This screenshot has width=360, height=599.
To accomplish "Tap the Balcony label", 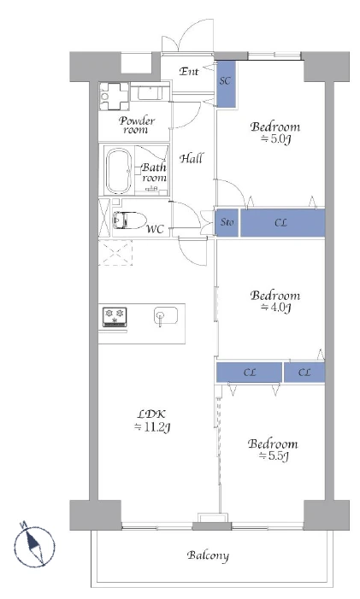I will [208, 556].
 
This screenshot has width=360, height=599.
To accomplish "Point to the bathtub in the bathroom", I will [117, 170].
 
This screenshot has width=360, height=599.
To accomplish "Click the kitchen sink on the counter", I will [162, 317].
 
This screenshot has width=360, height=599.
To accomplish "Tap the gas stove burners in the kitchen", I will [115, 316].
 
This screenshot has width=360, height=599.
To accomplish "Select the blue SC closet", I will [226, 83].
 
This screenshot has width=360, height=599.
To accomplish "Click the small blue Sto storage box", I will [227, 223].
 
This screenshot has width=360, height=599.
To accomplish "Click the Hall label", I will [191, 157].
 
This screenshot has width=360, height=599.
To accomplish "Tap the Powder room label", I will [136, 125].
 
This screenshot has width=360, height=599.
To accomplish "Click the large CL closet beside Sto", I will [282, 223].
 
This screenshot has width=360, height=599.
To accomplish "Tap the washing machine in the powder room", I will [113, 96].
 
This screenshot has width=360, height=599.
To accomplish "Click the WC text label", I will [155, 229].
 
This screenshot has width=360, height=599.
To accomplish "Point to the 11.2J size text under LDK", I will [153, 426].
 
